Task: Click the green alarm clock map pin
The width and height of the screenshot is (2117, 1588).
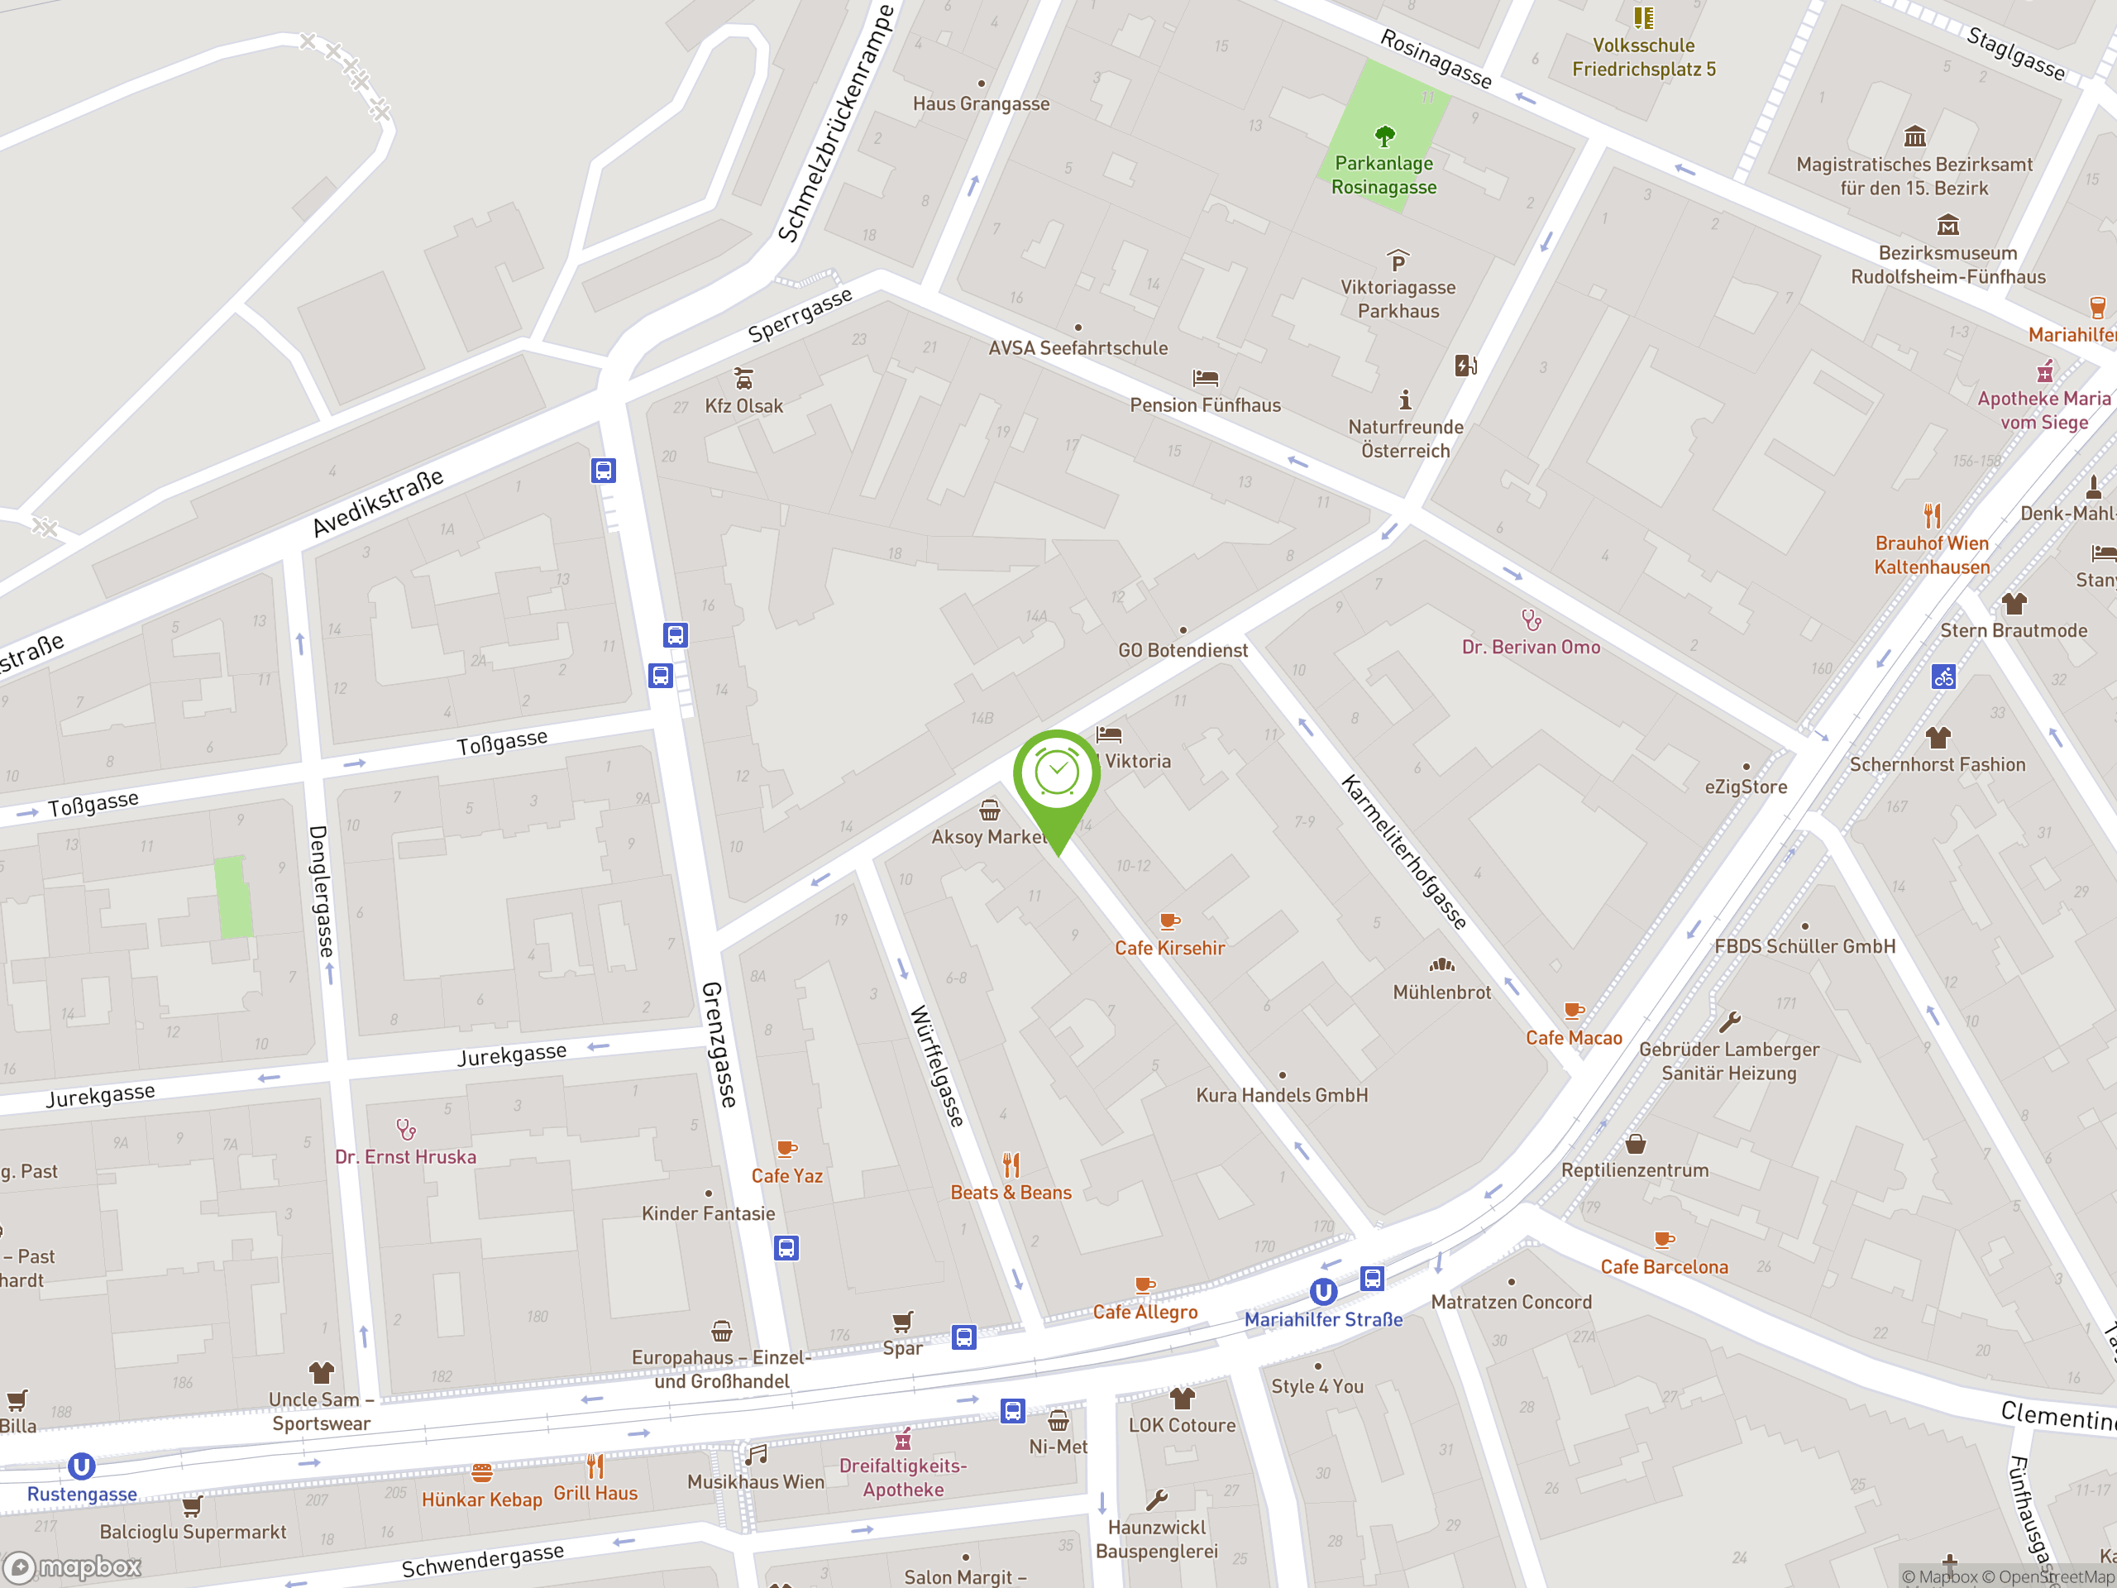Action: pos(1057,775)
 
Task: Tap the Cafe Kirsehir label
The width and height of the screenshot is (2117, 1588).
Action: pos(1169,948)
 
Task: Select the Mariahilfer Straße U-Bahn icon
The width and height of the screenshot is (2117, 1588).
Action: pos(1322,1292)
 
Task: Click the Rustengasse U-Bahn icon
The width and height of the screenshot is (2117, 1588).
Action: pos(81,1466)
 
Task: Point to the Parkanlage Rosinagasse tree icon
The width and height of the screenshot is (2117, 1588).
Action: pos(1383,135)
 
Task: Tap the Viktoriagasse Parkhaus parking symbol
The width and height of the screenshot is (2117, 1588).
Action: pos(1398,261)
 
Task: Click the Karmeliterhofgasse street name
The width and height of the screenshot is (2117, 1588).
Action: pos(1403,852)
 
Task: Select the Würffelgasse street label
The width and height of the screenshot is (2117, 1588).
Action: pos(936,1065)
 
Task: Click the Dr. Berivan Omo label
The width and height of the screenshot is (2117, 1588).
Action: pos(1531,647)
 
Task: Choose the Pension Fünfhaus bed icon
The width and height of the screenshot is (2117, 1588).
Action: pos(1205,378)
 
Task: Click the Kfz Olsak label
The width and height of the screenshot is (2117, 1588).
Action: pos(743,406)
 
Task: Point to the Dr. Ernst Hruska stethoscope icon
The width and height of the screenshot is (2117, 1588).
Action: pos(406,1130)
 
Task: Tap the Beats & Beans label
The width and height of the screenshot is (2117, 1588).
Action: pos(1011,1193)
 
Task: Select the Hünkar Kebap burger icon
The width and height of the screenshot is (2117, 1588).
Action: pos(481,1472)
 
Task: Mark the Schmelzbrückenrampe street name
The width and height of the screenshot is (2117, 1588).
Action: pos(835,123)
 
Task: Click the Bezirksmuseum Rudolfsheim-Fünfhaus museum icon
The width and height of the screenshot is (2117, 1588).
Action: pos(1947,225)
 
